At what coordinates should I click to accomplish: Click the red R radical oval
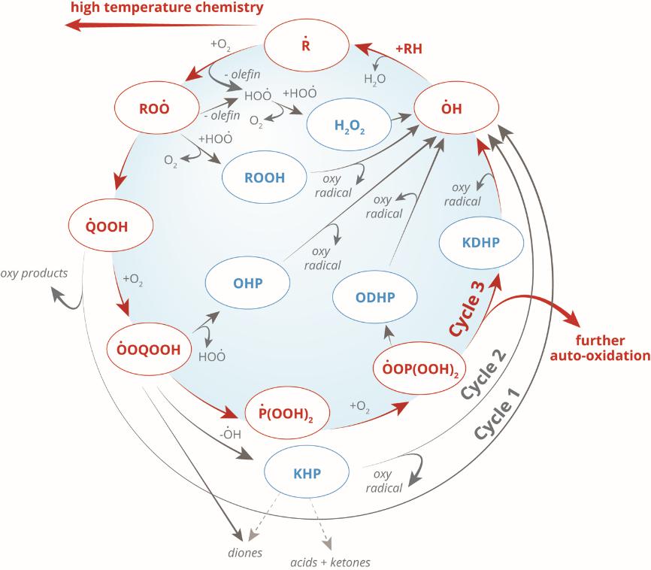point(305,43)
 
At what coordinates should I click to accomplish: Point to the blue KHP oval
point(307,474)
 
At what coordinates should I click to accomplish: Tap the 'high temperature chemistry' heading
point(168,9)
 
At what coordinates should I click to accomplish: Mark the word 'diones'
point(244,553)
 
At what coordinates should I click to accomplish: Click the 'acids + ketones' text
point(332,562)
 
